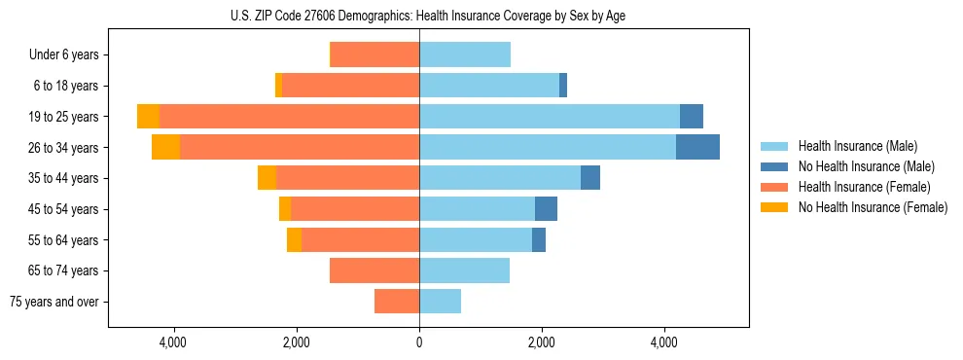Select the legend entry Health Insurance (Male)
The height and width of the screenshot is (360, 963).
(x=857, y=146)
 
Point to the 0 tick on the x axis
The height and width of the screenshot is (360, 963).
(x=419, y=342)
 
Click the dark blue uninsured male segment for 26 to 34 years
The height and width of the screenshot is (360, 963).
(x=697, y=148)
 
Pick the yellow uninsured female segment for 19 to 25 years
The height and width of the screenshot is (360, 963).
(x=148, y=117)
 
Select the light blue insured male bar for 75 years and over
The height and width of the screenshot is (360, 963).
(x=440, y=302)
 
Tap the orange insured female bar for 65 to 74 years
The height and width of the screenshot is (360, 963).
(x=374, y=270)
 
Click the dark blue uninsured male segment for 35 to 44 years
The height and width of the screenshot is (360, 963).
(x=590, y=178)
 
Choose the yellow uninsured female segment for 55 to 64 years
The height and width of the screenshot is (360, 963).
(x=294, y=240)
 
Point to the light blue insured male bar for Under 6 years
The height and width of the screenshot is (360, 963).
(x=465, y=55)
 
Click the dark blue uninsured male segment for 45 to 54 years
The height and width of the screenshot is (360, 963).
(x=546, y=209)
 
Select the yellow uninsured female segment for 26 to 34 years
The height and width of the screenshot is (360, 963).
(x=165, y=148)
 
